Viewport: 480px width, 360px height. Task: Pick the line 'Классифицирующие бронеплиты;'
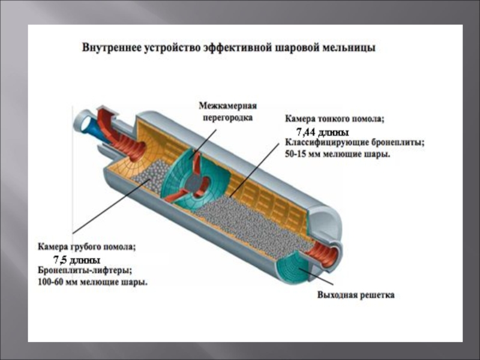pyautogui.click(x=355, y=143)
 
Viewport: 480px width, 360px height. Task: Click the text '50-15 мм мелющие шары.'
pyautogui.click(x=337, y=154)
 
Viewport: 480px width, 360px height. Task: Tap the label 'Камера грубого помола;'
pyautogui.click(x=88, y=246)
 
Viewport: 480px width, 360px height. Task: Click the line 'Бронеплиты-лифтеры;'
pyautogui.click(x=86, y=271)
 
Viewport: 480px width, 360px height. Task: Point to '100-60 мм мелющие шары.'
pyautogui.click(x=93, y=281)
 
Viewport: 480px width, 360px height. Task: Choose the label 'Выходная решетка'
pyautogui.click(x=356, y=295)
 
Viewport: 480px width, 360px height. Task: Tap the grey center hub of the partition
pyautogui.click(x=196, y=182)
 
